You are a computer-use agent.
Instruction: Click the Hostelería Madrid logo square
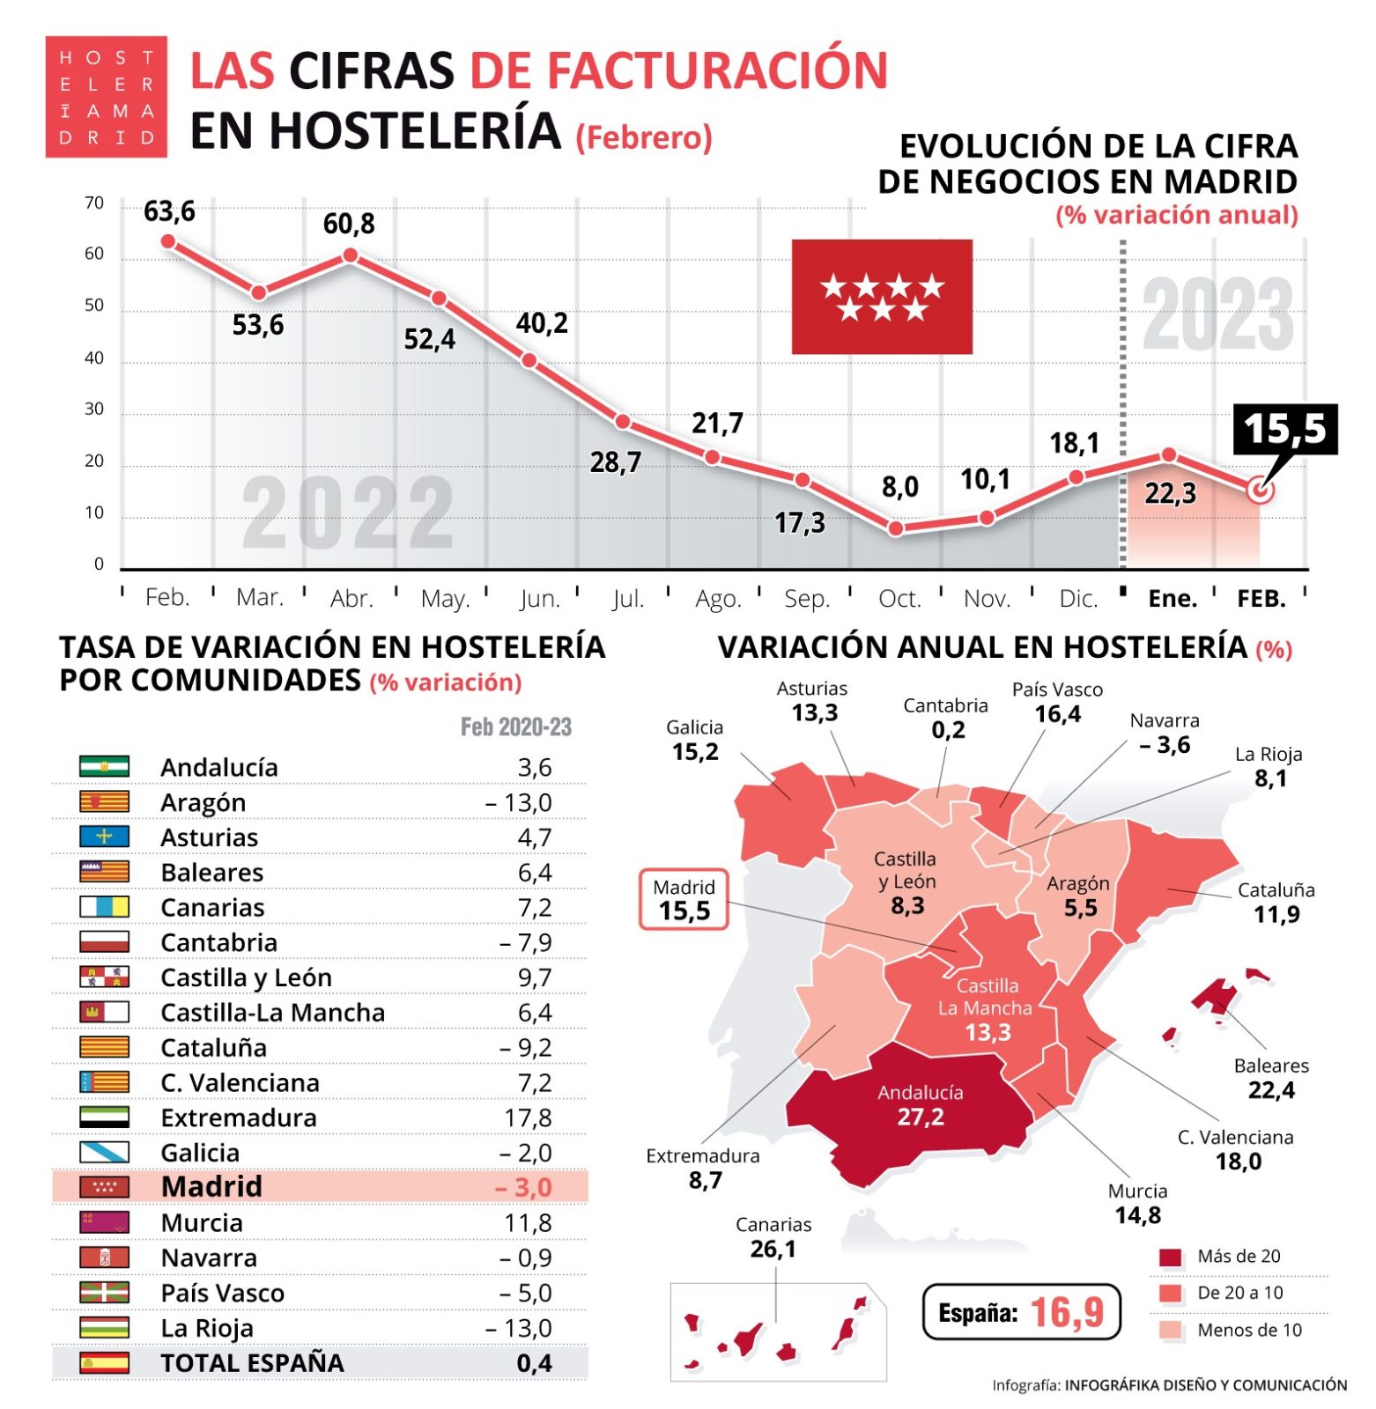tap(107, 97)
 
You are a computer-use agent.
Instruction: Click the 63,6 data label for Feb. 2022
tap(169, 212)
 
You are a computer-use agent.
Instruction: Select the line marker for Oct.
tap(896, 529)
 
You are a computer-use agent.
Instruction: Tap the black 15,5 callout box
tap(1284, 430)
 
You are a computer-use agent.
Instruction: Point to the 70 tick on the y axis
tap(94, 203)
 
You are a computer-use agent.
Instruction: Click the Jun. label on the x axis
tap(540, 599)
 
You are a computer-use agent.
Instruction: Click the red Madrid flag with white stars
tap(882, 297)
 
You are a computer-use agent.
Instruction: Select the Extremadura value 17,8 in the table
tap(528, 1118)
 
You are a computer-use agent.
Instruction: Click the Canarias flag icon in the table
tap(104, 907)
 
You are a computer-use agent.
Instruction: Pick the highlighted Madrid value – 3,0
tap(523, 1187)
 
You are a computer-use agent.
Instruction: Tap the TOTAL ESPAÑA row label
tap(252, 1362)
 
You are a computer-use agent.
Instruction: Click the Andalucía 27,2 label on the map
tap(921, 1105)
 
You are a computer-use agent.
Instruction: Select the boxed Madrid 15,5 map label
tap(684, 899)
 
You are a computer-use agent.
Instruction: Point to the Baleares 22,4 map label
tap(1271, 1078)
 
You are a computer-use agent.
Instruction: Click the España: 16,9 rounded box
tap(1021, 1312)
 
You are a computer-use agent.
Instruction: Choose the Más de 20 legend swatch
tap(1171, 1257)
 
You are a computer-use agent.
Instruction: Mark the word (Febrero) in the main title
tap(644, 138)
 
